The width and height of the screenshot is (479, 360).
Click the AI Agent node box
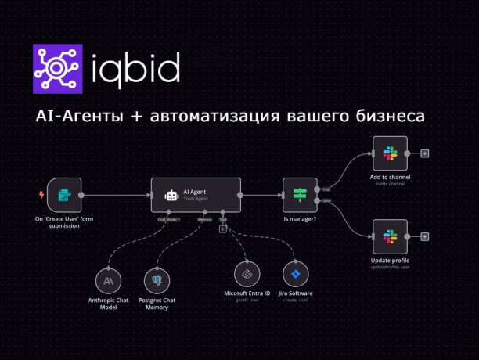pos(195,195)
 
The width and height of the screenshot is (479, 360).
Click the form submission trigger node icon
pos(64,195)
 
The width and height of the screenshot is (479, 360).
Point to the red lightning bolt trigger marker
pos(41,195)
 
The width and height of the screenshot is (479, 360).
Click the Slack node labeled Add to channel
pos(390,153)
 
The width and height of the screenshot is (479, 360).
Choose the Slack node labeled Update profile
pos(390,236)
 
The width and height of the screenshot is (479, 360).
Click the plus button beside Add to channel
pos(425,153)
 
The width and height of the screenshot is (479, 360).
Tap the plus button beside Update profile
pos(425,236)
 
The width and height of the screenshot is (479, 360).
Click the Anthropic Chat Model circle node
pos(110,279)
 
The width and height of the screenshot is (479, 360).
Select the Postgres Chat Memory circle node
pos(158,279)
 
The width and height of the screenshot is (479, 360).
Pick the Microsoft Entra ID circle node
pos(247,275)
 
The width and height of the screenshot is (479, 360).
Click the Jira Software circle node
pos(296,275)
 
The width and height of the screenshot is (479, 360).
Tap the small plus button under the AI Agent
pos(223,229)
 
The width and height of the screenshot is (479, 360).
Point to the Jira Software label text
pos(296,293)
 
